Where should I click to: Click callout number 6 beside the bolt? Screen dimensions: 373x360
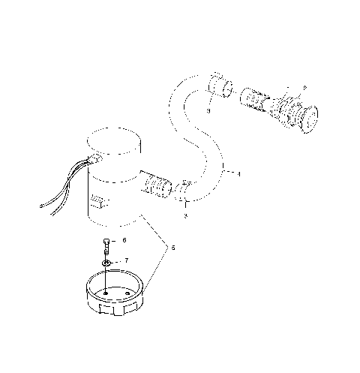pos(124,240)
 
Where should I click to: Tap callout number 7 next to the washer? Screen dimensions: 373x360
pos(126,260)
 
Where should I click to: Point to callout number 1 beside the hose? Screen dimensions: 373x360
pos(238,174)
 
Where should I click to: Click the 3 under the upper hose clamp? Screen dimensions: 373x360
pos(209,110)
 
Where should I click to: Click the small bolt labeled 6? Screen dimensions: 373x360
pos(108,245)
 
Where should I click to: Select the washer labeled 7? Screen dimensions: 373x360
pos(108,263)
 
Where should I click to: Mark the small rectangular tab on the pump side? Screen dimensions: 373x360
pos(98,201)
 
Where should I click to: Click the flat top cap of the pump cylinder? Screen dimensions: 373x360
pos(115,143)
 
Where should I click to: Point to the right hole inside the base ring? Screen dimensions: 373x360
pos(139,293)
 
